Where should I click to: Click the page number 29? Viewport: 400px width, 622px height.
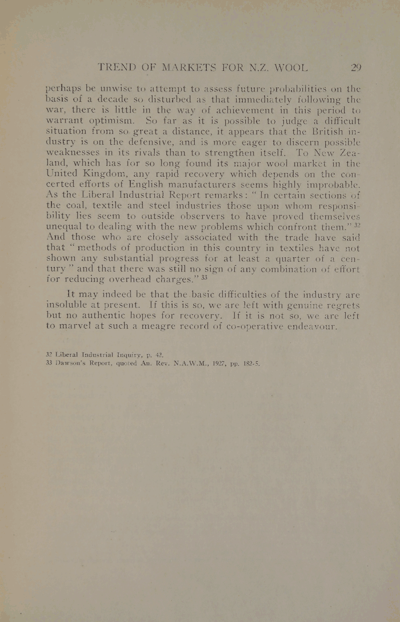click(x=357, y=67)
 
